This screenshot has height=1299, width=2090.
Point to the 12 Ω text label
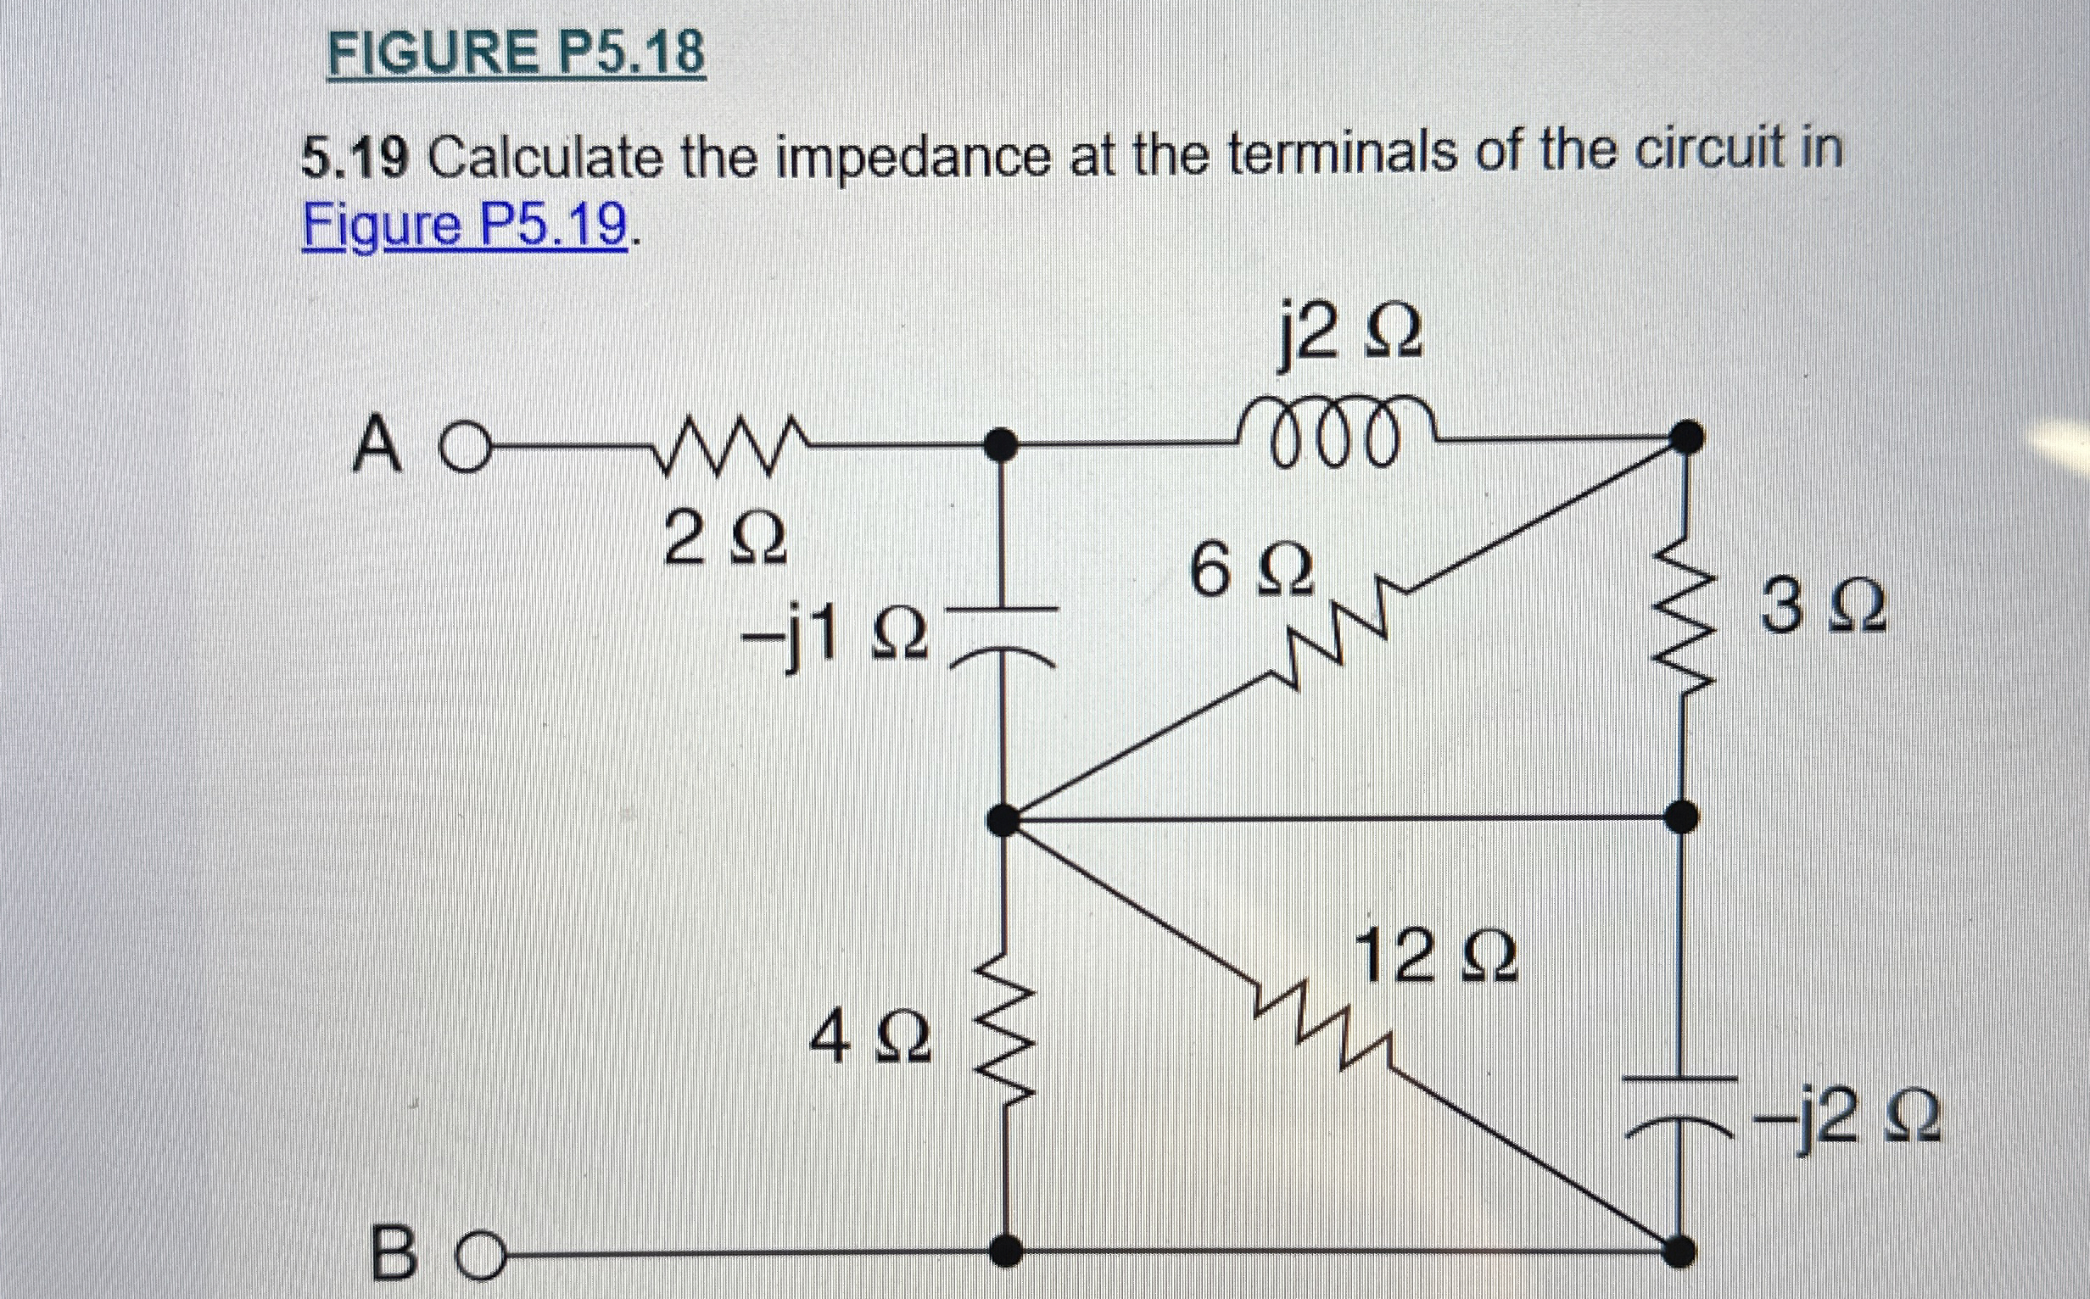click(1435, 960)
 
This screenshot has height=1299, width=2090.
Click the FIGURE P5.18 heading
click(517, 53)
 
